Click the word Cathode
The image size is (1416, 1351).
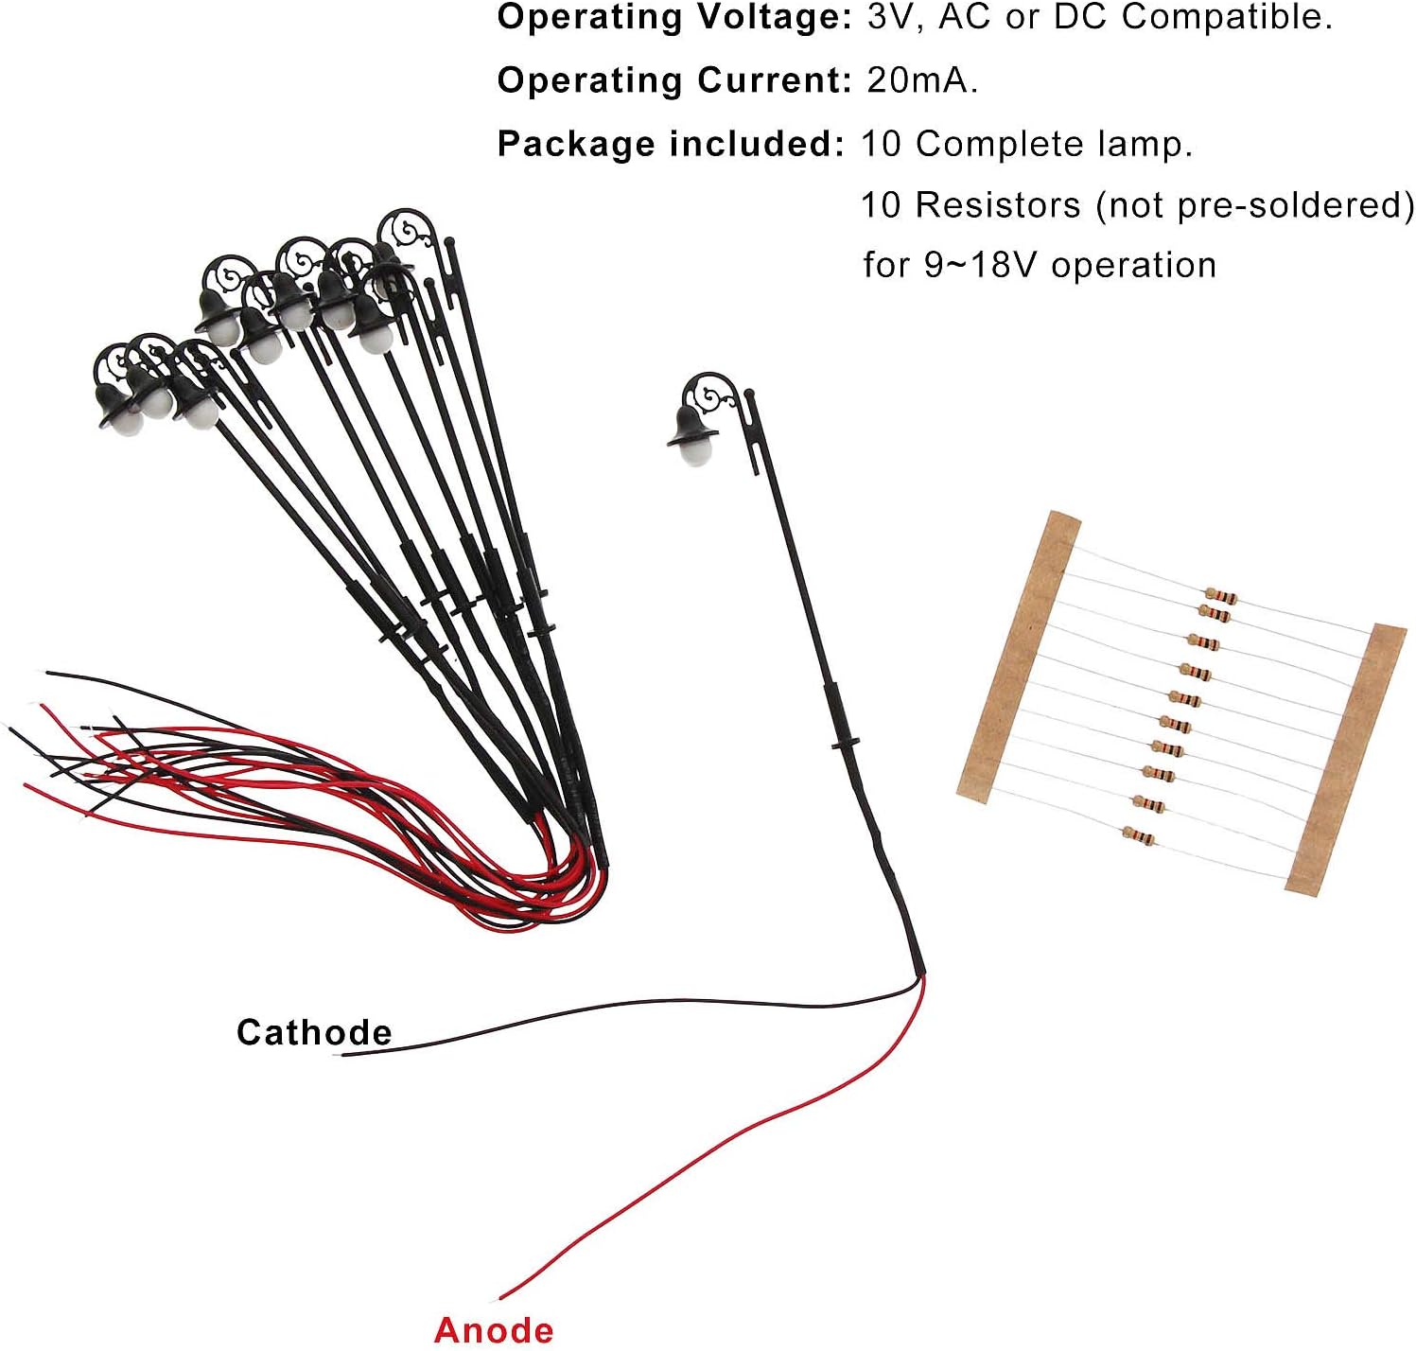(x=313, y=1032)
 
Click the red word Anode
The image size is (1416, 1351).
(x=494, y=1329)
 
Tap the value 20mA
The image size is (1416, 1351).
(x=921, y=80)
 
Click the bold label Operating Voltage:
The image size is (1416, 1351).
(x=674, y=17)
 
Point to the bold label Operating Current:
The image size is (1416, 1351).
(x=674, y=80)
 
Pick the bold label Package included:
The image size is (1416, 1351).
(x=670, y=144)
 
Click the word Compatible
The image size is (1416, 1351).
(x=1226, y=17)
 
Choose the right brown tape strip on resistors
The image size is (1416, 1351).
(x=1346, y=759)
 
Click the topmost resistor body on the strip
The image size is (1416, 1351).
(x=1221, y=596)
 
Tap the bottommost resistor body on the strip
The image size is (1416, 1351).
(x=1139, y=835)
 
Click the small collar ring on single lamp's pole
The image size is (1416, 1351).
(x=845, y=745)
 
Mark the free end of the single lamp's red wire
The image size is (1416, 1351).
(x=501, y=1298)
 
